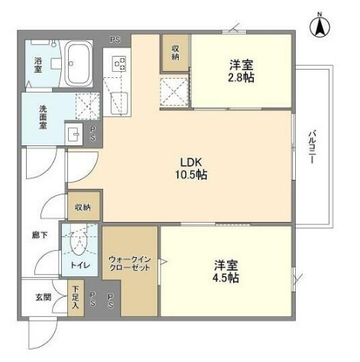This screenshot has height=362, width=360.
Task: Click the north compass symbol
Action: point(319,26)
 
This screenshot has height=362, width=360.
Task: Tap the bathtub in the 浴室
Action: point(77,64)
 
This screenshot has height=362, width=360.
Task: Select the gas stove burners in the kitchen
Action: point(119,64)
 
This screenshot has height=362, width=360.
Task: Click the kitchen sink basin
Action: point(118,104)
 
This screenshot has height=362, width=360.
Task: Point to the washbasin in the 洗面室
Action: point(74,134)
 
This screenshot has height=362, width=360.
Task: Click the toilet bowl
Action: point(79,243)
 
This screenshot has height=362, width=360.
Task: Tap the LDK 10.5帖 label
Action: point(190,168)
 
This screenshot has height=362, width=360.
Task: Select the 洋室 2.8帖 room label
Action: point(241,71)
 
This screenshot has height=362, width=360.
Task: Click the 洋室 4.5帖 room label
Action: point(225,272)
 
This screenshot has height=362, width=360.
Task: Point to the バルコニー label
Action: point(312,147)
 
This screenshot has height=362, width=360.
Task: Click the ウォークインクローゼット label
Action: point(130,263)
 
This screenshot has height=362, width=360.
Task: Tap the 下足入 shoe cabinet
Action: point(76,298)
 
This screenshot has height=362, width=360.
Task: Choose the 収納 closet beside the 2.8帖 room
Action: point(176,53)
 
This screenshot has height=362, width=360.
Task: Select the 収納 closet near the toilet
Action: point(83,207)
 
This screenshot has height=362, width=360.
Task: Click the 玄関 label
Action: point(44,297)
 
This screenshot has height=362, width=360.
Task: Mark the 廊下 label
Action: point(40,235)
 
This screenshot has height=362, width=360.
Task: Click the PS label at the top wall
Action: point(115,40)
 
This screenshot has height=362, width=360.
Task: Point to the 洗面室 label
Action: point(43,117)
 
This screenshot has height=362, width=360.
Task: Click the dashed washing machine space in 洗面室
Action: point(87,106)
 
